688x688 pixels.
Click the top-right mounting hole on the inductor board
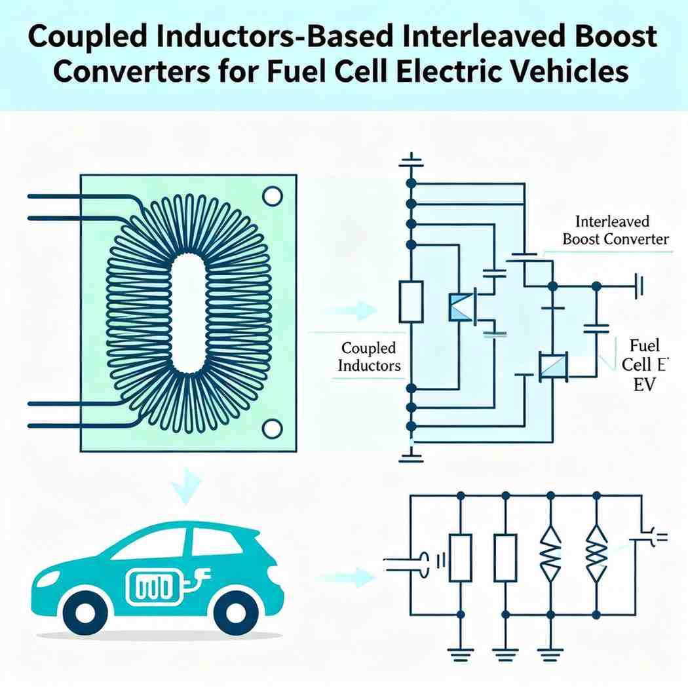271,195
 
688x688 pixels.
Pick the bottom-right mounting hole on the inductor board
271,429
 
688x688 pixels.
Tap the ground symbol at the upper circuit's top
411,160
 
